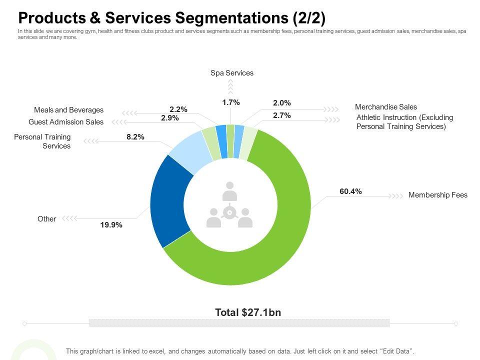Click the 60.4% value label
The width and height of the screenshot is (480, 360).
[x=350, y=191]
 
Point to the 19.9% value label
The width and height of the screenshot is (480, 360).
[x=111, y=225]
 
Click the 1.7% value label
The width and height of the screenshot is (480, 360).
[x=231, y=102]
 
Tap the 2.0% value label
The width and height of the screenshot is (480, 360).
[x=281, y=103]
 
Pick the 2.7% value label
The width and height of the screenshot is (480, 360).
[x=281, y=115]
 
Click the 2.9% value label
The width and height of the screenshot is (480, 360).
[x=170, y=118]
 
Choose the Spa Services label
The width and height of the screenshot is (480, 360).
[x=232, y=73]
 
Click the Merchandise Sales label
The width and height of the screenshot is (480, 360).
[x=385, y=107]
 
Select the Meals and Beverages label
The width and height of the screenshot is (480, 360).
[x=68, y=110]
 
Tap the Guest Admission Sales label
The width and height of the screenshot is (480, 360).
[x=66, y=122]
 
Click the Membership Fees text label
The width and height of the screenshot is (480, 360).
[x=437, y=195]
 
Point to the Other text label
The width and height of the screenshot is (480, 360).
[x=46, y=219]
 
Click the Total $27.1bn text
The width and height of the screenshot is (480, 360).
[x=248, y=312]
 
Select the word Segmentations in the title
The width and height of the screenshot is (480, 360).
[x=233, y=18]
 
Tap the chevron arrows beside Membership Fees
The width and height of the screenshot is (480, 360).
[x=396, y=195]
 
